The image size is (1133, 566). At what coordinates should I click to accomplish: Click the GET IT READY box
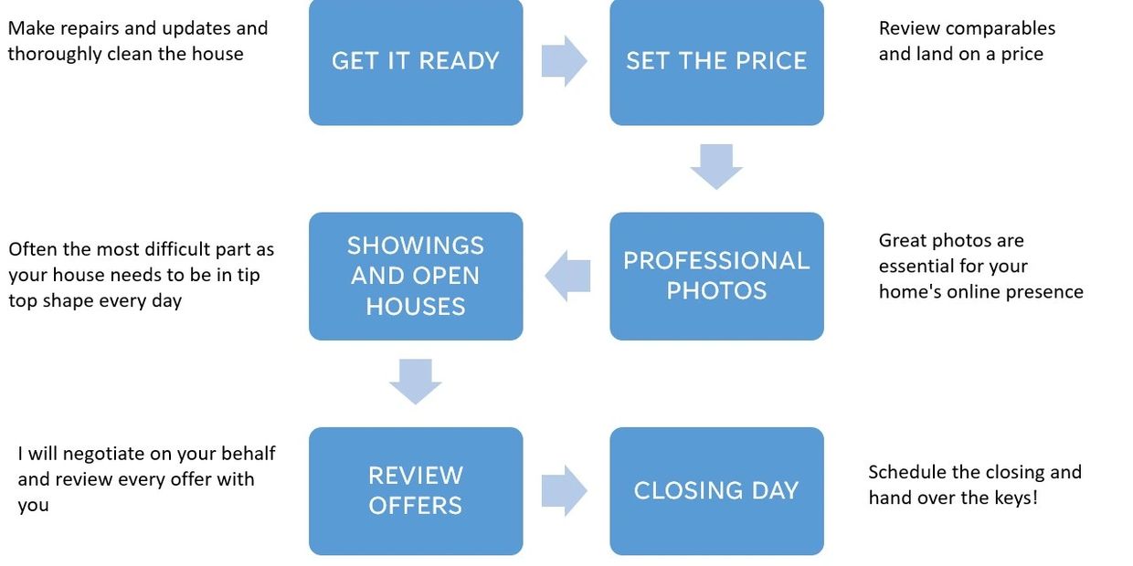416,61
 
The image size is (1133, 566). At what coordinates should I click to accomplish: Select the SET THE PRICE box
716,61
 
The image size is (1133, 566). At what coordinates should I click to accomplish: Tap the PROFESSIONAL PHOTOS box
716,276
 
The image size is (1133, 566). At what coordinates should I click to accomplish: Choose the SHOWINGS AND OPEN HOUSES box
416,276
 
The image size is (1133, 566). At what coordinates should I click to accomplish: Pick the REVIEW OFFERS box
416,490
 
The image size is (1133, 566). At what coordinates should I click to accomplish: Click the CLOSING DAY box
716,490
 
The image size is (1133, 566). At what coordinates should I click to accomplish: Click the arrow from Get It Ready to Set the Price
565,61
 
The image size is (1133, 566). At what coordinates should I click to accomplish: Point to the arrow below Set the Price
716,166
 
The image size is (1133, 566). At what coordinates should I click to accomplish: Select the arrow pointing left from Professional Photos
567,276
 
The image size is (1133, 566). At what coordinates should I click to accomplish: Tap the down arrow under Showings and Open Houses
416,381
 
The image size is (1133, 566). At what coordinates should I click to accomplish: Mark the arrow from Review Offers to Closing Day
565,490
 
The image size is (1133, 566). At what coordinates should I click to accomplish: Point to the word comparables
1000,28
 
